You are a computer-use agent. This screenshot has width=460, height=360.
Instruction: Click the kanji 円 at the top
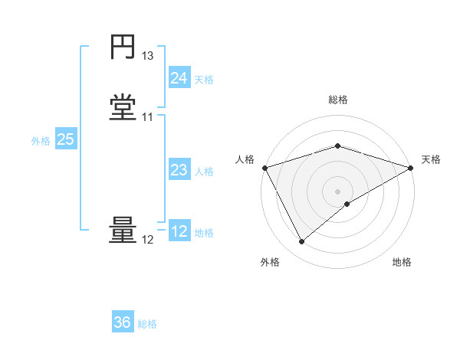tap(123, 47)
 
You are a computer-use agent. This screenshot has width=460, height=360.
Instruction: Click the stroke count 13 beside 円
tap(148, 56)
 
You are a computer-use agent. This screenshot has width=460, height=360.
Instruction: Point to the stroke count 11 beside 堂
tap(148, 117)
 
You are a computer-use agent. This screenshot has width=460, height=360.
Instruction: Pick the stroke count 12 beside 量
tap(148, 240)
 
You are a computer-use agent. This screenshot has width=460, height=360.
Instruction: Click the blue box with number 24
tap(179, 78)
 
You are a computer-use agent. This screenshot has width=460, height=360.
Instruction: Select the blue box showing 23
tap(179, 170)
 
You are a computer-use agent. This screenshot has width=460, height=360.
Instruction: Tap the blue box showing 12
tap(179, 231)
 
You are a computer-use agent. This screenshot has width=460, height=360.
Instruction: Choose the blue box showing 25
tap(65, 139)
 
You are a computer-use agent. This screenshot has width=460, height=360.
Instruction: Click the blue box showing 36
tap(122, 322)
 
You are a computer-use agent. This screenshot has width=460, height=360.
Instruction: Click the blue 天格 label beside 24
tap(204, 80)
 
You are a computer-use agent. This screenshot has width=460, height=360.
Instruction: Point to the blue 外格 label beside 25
tap(41, 141)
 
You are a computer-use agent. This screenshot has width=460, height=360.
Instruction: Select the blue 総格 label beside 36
tap(147, 324)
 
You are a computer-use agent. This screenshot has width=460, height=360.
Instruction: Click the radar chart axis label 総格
tap(337, 100)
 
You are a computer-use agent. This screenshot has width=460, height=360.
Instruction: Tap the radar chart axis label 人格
tap(245, 159)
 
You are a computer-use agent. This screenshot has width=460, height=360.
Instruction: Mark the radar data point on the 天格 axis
tap(410, 168)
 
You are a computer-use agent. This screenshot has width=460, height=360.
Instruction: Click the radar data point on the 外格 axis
tap(301, 241)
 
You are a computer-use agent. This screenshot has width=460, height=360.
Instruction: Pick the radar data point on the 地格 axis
tap(347, 204)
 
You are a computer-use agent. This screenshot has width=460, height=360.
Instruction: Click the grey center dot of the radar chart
tap(337, 191)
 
